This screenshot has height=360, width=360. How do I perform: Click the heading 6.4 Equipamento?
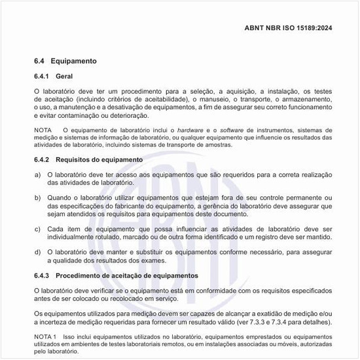click(x=65, y=61)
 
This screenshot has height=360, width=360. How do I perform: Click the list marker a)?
click(x=37, y=175)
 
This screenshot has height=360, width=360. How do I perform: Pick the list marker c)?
click(x=37, y=228)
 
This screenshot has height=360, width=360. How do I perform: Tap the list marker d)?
click(x=37, y=251)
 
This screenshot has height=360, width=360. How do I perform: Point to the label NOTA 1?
click(x=46, y=336)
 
